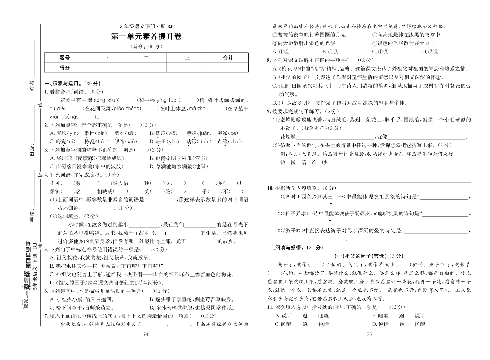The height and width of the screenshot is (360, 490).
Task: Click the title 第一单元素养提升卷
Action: pyautogui.click(x=146, y=36)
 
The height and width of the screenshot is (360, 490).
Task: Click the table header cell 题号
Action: pyautogui.click(x=65, y=58)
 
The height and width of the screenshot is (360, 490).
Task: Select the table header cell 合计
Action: pyautogui.click(x=228, y=58)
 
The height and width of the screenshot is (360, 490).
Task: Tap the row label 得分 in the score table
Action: pyautogui.click(x=65, y=67)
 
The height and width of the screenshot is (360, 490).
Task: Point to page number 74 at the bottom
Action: pyautogui.click(x=146, y=334)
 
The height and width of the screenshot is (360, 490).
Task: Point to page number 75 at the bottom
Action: pyautogui.click(x=369, y=334)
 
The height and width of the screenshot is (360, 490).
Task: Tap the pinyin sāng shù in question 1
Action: pyautogui.click(x=104, y=100)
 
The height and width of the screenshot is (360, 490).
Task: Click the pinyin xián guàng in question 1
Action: pyautogui.click(x=63, y=117)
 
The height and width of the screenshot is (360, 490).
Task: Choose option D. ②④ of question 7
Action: pyautogui.click(x=430, y=52)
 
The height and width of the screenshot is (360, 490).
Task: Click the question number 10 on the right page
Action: pyautogui.click(x=270, y=188)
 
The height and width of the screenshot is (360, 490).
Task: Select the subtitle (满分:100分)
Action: pyautogui.click(x=146, y=46)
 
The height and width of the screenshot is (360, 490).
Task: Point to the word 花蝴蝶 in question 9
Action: pyautogui.click(x=288, y=137)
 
